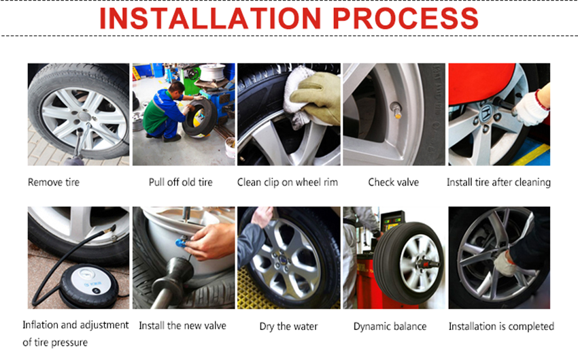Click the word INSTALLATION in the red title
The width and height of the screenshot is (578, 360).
click(211, 18)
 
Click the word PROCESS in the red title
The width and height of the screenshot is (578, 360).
click(405, 18)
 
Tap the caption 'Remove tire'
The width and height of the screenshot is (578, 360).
click(54, 182)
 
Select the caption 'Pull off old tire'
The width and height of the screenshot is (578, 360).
click(181, 182)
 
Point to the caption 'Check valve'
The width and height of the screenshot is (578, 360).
click(393, 182)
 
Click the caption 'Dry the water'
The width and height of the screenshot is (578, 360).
click(288, 327)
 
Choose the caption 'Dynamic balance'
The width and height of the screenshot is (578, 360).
click(390, 327)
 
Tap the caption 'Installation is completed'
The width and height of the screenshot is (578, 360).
click(501, 327)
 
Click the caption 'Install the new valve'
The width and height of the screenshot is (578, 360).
click(182, 326)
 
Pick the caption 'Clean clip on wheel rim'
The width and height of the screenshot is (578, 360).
click(288, 182)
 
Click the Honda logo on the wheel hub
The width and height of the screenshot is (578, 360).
click(487, 111)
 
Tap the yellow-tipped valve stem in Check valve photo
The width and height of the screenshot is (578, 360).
click(396, 110)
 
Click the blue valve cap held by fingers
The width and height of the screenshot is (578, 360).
click(181, 243)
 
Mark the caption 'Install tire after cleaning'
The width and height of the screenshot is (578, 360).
click(498, 182)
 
